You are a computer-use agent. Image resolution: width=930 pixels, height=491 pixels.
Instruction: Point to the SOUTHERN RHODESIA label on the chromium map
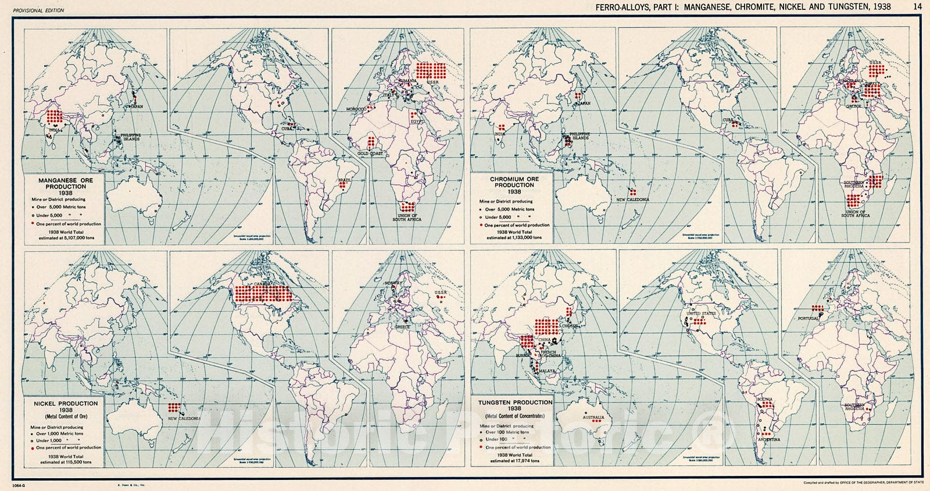coord(856,186)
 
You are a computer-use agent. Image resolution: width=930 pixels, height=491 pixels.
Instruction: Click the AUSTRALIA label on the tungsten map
coord(593,418)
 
